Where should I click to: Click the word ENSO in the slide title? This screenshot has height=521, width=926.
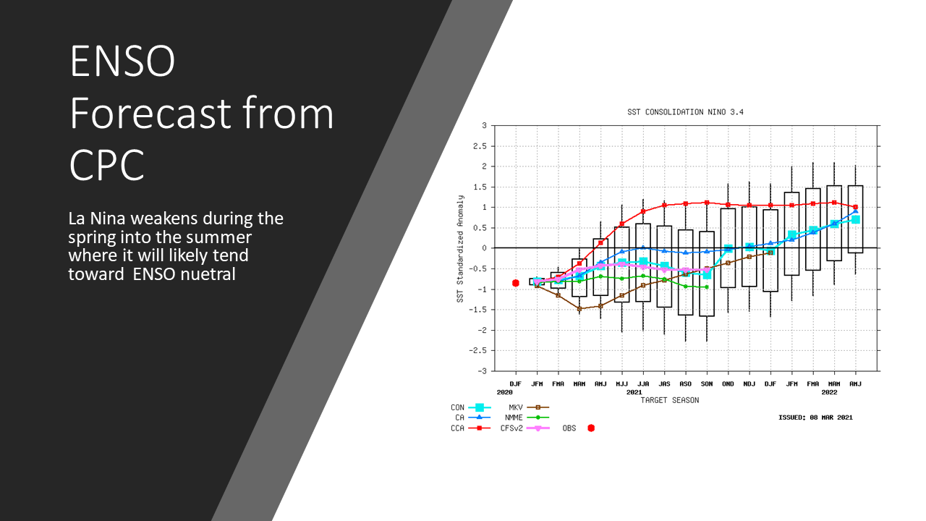click(122, 61)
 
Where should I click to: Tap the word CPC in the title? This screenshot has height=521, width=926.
click(106, 164)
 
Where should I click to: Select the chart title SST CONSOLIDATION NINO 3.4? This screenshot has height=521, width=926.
click(685, 112)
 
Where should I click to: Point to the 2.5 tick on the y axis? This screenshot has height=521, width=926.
click(480, 146)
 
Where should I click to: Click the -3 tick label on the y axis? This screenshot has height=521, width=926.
click(482, 371)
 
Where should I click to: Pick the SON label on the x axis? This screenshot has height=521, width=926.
click(707, 384)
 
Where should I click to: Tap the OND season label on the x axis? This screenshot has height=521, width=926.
click(728, 384)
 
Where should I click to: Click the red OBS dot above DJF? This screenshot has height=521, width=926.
click(516, 283)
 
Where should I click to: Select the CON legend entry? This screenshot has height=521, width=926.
click(471, 407)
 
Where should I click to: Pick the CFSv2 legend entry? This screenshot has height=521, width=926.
click(525, 428)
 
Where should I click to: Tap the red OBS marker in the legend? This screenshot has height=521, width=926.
click(591, 428)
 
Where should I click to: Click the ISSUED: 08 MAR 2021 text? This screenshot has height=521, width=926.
click(815, 418)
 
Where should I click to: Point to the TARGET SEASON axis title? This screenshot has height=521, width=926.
click(670, 400)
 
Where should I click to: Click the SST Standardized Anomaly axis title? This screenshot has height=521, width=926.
click(460, 249)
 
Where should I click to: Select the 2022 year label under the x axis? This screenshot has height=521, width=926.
click(829, 392)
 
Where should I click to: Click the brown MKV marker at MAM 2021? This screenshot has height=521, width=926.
click(579, 309)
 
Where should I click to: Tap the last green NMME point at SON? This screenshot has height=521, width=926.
click(707, 287)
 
